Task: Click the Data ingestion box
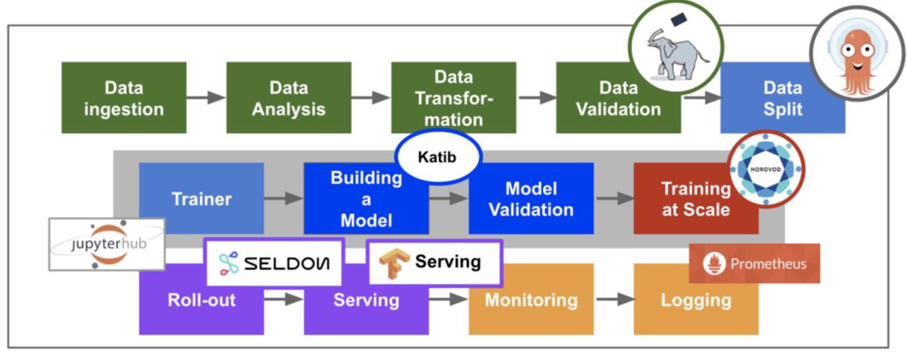point(123,98)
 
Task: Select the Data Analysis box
point(289,98)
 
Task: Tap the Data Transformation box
point(453,98)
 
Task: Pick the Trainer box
point(201,199)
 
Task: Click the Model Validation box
point(531,199)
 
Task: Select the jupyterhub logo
point(107,244)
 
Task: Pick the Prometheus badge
point(754,264)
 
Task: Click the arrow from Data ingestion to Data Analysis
point(206,98)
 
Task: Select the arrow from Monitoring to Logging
point(613,300)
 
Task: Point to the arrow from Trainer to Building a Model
point(283,199)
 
